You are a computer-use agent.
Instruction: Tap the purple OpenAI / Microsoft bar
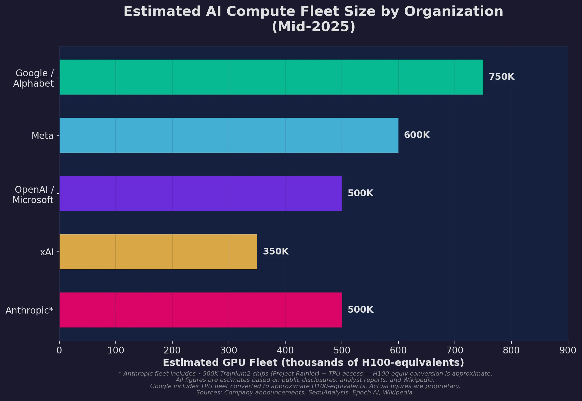click(x=200, y=194)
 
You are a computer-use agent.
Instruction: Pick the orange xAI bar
click(x=158, y=252)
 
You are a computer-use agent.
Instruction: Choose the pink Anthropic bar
click(x=200, y=310)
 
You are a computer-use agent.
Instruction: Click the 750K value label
click(x=502, y=77)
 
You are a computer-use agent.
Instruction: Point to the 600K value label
click(x=417, y=135)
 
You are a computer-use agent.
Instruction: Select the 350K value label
click(x=276, y=251)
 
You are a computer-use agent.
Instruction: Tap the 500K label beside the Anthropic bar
click(x=360, y=310)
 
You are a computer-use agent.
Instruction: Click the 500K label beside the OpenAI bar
click(x=360, y=193)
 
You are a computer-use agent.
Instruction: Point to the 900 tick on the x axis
click(x=568, y=350)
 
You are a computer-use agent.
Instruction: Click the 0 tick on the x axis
click(x=59, y=350)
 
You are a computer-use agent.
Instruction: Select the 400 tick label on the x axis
click(x=285, y=350)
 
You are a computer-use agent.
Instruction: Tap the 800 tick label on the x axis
click(x=511, y=350)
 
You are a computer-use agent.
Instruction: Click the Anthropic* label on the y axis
click(x=30, y=311)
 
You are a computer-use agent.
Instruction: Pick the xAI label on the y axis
click(x=47, y=252)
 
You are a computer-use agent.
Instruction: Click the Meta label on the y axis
click(x=42, y=136)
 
